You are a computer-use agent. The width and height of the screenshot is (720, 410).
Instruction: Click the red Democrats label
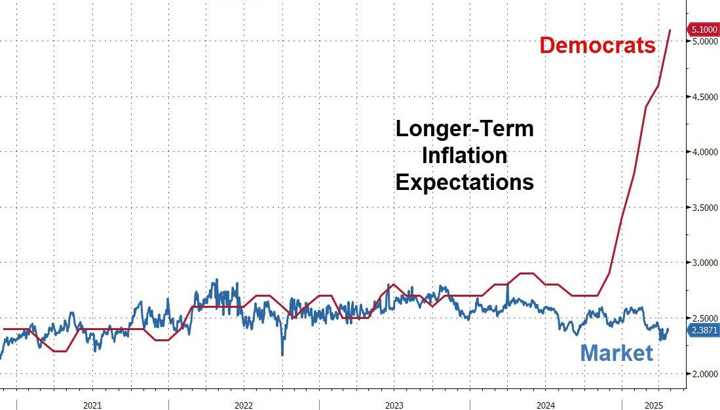point(597,46)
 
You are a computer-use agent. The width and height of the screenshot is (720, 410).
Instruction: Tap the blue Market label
point(616,354)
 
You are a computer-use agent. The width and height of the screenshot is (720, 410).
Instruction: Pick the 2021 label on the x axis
point(92,405)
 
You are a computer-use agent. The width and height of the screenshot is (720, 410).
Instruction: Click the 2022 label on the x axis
point(244,405)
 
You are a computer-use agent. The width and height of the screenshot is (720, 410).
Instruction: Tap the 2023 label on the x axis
point(394,405)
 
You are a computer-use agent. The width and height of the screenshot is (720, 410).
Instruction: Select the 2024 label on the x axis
point(545,405)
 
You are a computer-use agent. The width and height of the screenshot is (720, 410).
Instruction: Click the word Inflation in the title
point(464,156)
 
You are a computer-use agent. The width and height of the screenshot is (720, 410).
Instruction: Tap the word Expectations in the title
point(464,182)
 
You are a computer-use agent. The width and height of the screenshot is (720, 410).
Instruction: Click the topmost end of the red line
point(670,30)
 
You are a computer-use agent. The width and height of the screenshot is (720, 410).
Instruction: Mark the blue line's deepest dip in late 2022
point(282,355)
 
